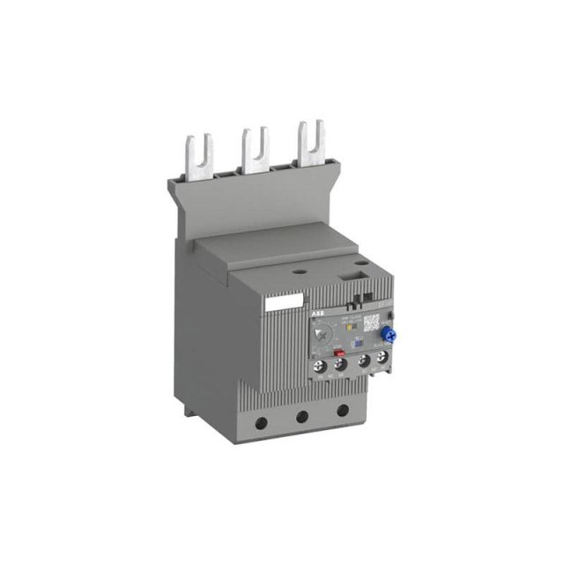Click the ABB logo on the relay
[315, 312]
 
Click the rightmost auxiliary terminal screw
[382, 359]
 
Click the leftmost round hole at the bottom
[262, 422]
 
